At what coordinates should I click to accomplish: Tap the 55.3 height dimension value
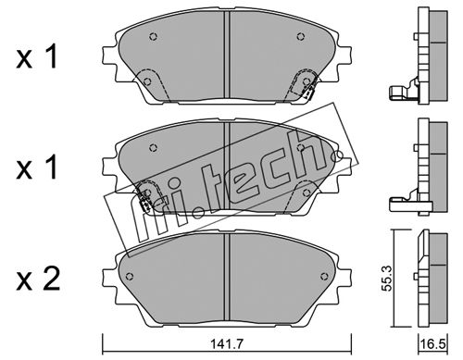387,279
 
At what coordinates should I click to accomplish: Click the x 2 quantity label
38,280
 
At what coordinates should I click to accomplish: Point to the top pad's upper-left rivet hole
153,36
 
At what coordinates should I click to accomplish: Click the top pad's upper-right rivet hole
301,37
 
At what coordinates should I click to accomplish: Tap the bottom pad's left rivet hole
130,276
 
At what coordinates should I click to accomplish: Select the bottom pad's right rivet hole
324,276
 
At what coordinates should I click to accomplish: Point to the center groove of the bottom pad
227,278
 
